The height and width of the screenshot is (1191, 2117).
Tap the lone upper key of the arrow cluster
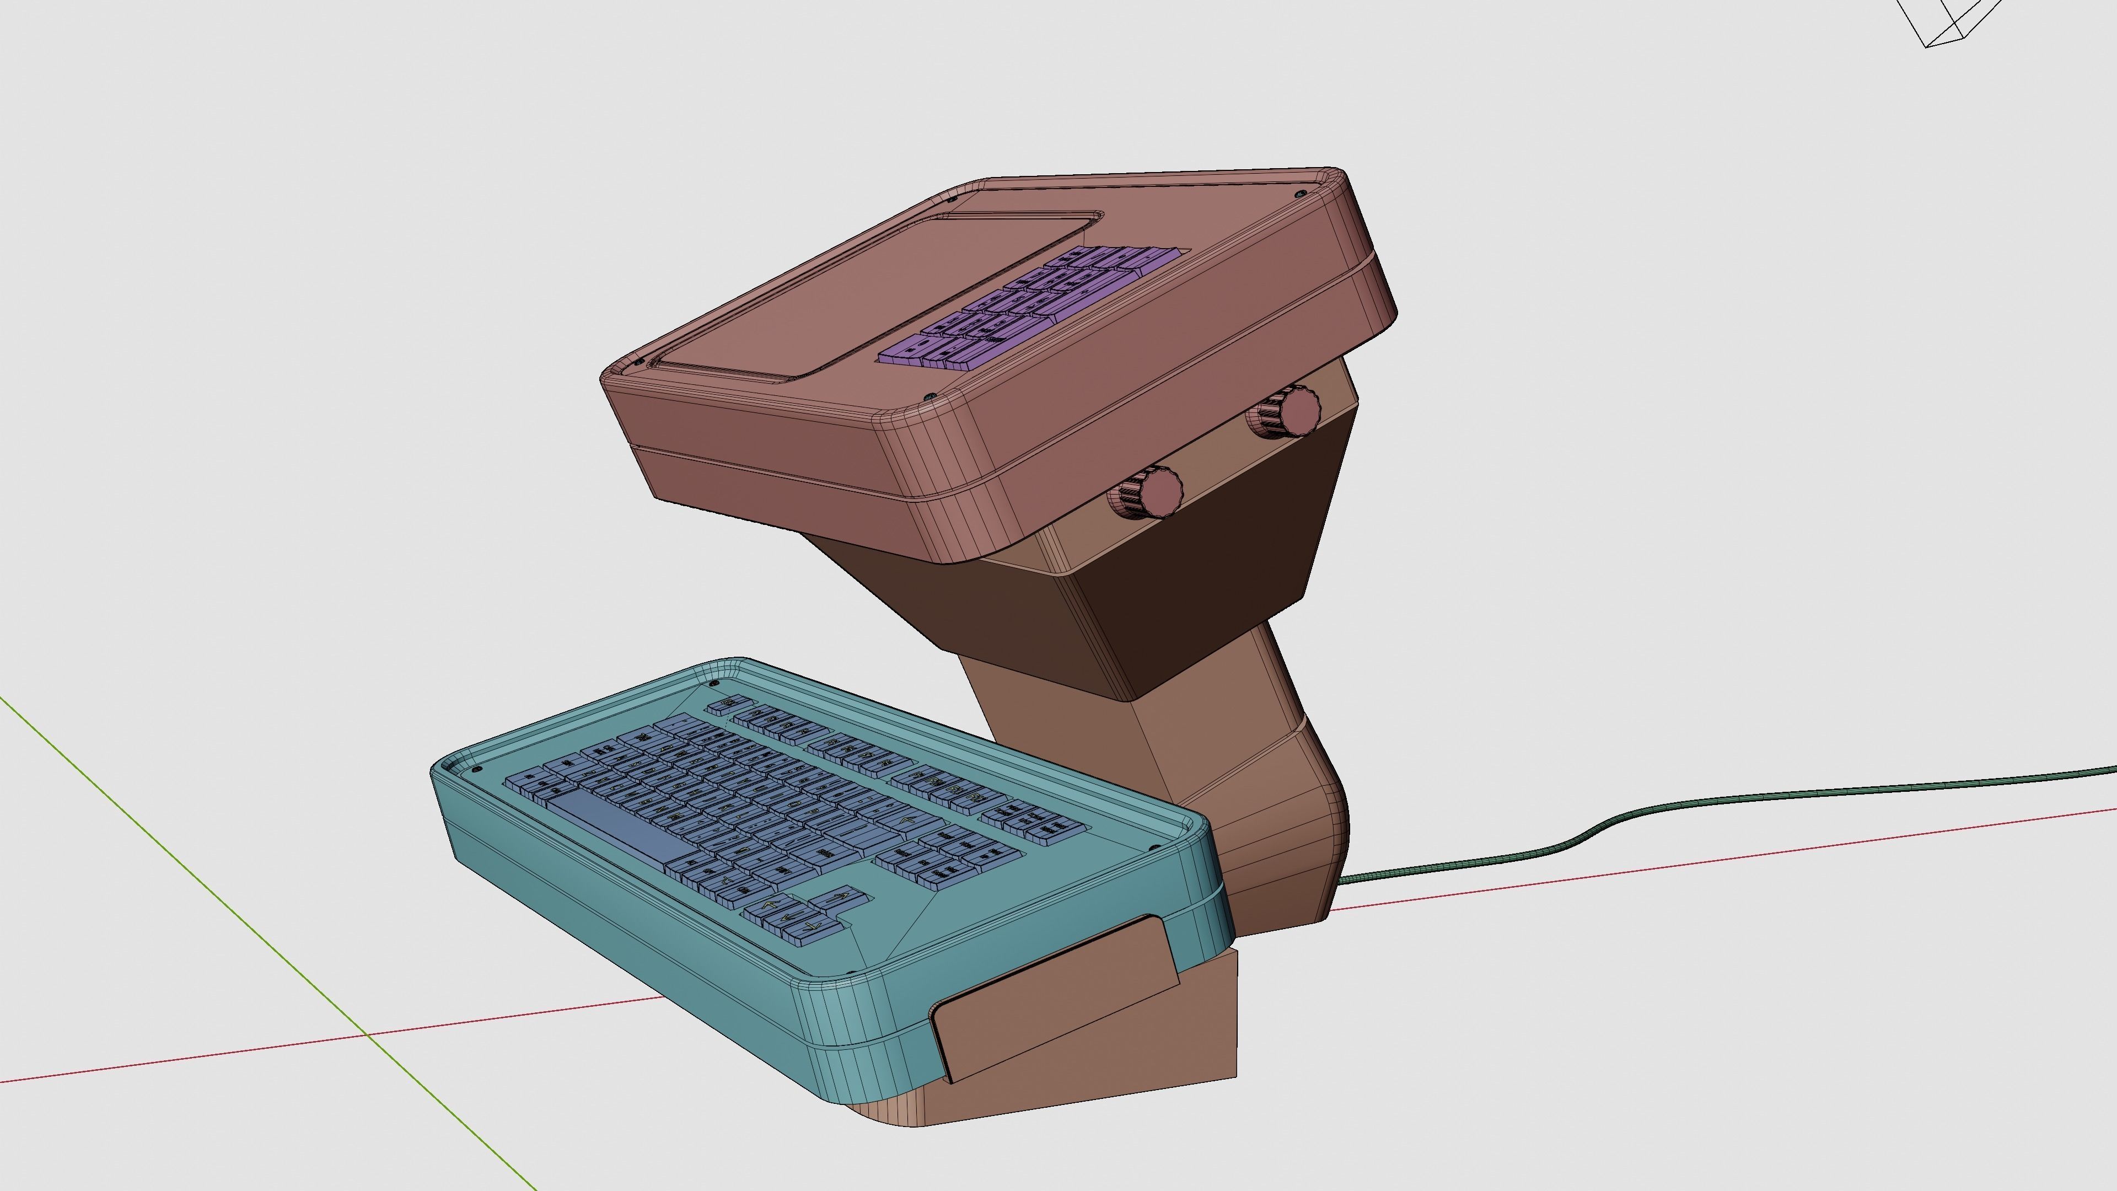coord(840,897)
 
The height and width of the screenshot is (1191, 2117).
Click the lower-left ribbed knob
coord(1149,491)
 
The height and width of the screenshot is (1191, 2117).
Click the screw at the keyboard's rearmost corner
coord(713,683)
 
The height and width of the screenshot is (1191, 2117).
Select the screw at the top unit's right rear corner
coord(1299,195)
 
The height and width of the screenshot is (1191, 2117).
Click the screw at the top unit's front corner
coord(930,397)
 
